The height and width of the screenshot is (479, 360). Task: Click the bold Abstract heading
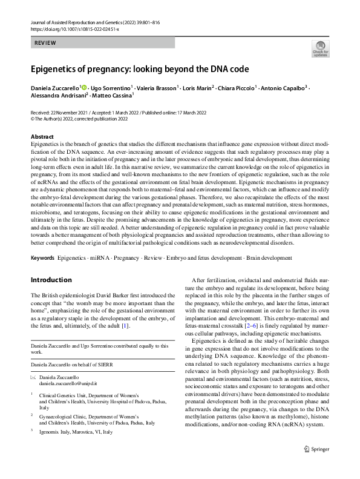[42, 137]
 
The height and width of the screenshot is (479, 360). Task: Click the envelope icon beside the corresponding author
[33, 377]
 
